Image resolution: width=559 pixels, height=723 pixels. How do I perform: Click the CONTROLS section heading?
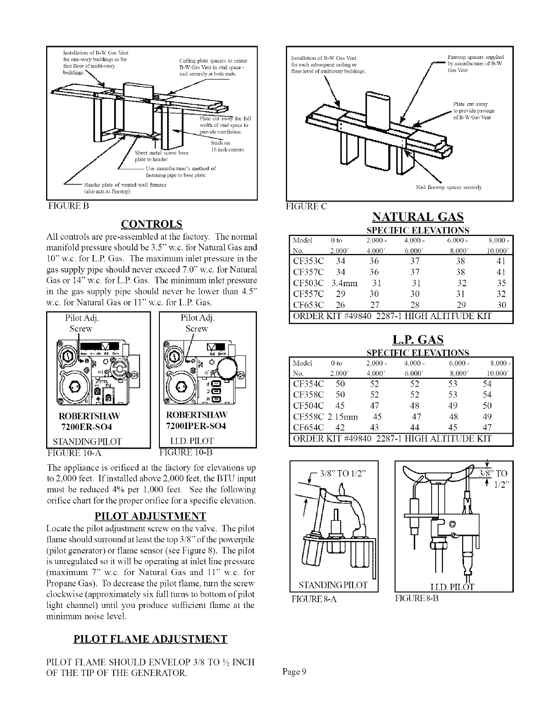pyautogui.click(x=151, y=224)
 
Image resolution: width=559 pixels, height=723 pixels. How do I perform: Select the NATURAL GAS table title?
pyautogui.click(x=418, y=216)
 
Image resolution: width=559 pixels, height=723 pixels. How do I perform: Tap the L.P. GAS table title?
pyautogui.click(x=418, y=340)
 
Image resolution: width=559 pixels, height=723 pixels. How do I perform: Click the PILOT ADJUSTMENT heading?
pyautogui.click(x=150, y=516)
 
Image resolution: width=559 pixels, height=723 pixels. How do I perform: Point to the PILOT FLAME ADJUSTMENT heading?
pyautogui.click(x=150, y=639)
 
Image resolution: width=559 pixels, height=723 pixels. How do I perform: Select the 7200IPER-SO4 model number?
pyautogui.click(x=196, y=426)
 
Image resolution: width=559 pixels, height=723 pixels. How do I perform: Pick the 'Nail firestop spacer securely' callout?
pyautogui.click(x=449, y=187)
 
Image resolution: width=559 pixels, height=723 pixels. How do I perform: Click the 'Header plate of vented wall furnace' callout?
pyautogui.click(x=125, y=185)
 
